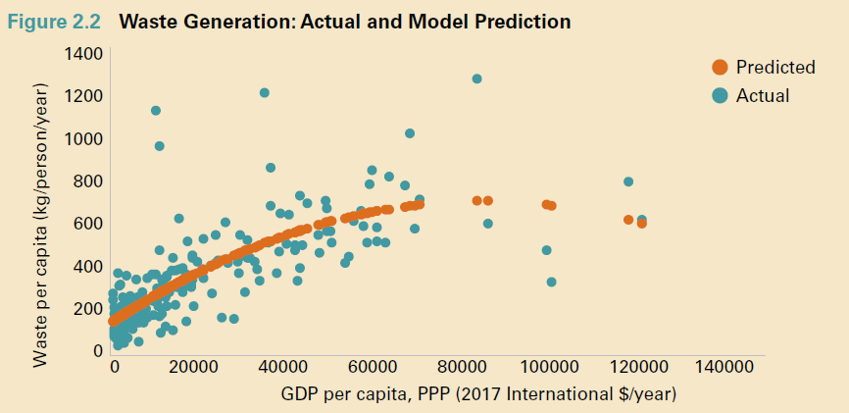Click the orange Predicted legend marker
tap(720, 68)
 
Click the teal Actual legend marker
tap(720, 95)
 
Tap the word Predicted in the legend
tap(775, 68)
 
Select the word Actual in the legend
tap(763, 95)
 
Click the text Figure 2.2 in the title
tap(61, 21)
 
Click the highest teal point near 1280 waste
tap(477, 78)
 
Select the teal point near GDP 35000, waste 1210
tap(265, 93)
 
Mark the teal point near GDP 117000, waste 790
tap(628, 181)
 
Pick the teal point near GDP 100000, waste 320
tap(551, 282)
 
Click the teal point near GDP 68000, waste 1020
tap(410, 133)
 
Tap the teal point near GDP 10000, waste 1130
tap(156, 110)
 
